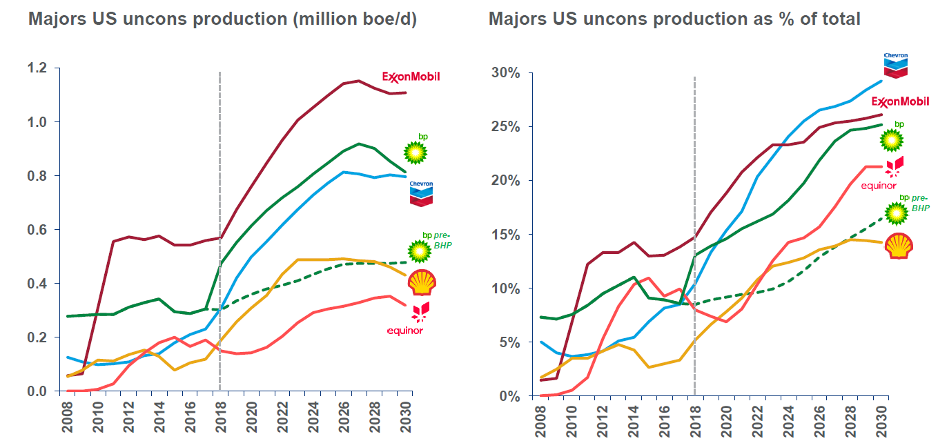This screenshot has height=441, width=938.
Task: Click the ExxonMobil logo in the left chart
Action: (411, 77)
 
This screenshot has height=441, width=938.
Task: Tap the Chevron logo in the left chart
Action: (421, 194)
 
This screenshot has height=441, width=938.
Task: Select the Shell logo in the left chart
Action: (421, 282)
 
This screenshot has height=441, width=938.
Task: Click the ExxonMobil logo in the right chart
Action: (899, 102)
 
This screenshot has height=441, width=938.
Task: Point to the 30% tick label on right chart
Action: (505, 73)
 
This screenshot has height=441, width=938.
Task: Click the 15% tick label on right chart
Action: (505, 235)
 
